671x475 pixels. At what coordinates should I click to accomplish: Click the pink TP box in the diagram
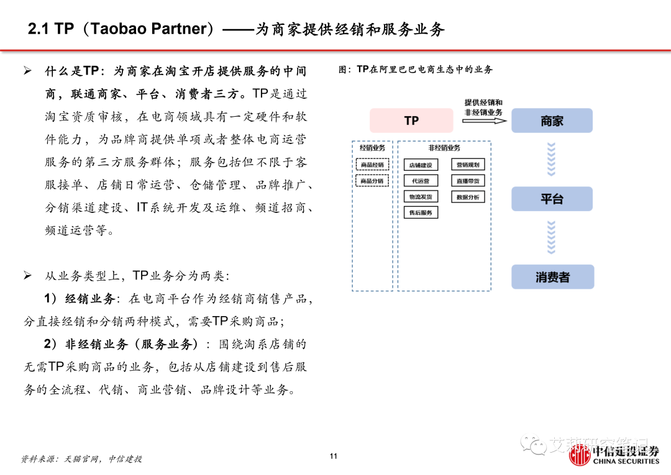411,120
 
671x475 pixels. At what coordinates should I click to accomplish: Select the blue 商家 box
552,120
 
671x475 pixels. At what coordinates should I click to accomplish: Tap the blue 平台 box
552,199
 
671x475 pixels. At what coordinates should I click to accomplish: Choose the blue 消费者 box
552,277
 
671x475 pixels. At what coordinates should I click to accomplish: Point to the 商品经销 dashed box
372,165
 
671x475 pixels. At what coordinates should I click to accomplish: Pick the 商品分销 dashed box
372,181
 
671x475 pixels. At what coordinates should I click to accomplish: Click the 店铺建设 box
421,165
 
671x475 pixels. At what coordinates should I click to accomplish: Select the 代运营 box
421,181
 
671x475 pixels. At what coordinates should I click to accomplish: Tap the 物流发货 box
421,197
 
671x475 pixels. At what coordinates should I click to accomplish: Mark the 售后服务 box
421,212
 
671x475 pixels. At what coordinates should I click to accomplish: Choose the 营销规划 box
468,165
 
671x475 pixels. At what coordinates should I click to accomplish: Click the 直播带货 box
468,181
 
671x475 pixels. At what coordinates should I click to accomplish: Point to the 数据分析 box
468,197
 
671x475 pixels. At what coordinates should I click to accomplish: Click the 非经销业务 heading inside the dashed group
444,148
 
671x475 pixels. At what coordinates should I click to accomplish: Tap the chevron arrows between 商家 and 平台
551,160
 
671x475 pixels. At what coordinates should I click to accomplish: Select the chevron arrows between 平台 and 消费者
551,238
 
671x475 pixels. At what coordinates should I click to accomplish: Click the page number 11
334,456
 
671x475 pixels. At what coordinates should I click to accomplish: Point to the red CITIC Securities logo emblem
580,457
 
